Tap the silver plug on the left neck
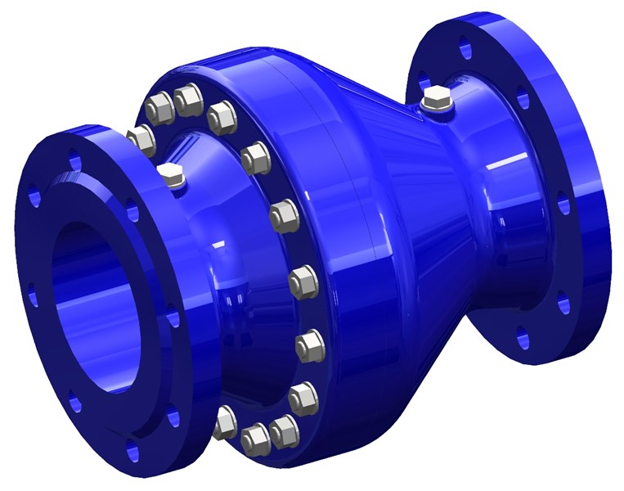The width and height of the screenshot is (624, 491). (172, 175)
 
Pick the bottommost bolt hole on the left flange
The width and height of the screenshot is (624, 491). (132, 446)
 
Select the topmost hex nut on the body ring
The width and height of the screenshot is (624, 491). (189, 100)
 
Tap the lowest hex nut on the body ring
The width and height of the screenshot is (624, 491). (256, 440)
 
